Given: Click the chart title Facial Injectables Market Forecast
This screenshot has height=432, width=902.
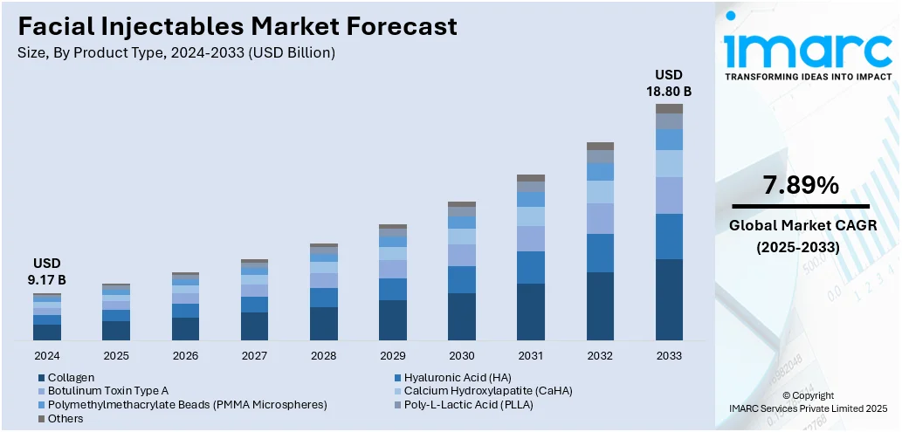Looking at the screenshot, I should coord(237,26).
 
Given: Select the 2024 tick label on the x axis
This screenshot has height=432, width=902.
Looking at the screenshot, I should coord(47,356).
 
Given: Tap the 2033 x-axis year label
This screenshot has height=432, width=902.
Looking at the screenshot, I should coord(669,356).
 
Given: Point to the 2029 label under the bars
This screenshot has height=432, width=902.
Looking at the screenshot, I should coord(393,356).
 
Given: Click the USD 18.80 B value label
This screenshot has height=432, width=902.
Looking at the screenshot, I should coord(669,82).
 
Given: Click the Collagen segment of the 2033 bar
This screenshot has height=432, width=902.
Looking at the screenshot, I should coord(669,299).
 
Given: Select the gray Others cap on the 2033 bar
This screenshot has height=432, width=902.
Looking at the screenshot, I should coord(669,108).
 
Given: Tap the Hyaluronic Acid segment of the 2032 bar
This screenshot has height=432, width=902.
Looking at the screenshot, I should coord(600,253).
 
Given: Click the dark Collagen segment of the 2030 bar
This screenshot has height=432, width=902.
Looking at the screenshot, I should coord(462,316).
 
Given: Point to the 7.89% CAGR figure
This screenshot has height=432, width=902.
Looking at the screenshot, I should coord(800,185).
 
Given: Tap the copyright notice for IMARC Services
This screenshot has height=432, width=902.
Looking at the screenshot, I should coord(808,401).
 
